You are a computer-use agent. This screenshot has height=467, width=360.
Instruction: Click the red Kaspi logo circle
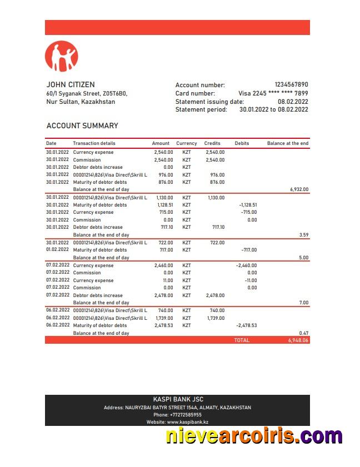(61, 57)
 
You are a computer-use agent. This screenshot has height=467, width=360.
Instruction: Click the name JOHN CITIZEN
(70, 85)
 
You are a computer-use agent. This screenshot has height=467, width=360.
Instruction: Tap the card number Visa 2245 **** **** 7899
(273, 93)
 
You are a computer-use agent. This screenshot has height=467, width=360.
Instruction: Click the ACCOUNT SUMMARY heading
(82, 125)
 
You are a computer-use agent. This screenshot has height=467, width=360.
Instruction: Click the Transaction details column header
(94, 143)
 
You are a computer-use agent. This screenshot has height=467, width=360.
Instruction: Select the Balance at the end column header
(287, 143)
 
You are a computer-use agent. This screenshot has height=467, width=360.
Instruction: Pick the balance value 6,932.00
(299, 189)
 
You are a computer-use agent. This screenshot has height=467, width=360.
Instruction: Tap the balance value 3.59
(303, 235)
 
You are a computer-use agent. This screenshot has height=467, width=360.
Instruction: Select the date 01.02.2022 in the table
(58, 250)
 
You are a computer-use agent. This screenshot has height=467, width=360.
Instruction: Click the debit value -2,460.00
(246, 265)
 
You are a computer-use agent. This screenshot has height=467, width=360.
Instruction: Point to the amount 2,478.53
(163, 325)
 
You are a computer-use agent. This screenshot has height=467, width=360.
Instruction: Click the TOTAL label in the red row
(242, 340)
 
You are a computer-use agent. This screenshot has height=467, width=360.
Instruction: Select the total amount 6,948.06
(298, 340)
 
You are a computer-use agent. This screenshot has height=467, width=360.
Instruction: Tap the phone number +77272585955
(178, 415)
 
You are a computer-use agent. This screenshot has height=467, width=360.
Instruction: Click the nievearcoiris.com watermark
(254, 436)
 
